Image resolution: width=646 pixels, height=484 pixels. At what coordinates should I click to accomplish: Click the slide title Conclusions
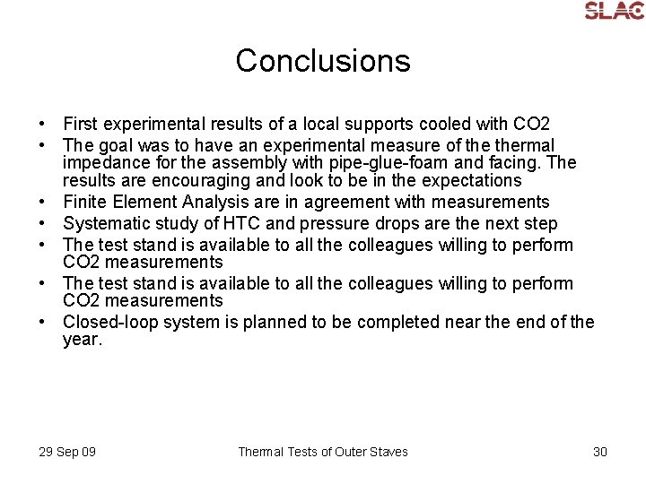pos(323,61)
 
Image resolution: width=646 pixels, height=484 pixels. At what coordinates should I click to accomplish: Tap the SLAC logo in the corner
pos(614,10)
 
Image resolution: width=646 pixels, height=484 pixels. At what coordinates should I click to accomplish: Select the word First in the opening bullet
pos(81,124)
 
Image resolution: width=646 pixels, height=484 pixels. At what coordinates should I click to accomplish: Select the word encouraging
pos(169,181)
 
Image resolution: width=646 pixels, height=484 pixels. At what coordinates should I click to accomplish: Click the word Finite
pos(86,202)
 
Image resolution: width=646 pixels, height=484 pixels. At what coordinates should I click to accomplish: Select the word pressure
pos(323,223)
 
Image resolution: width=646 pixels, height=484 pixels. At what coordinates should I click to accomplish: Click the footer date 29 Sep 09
pos(67,452)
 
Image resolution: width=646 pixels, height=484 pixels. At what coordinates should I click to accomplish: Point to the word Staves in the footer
pos(387,452)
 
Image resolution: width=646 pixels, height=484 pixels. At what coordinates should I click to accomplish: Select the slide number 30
pos(600,452)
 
